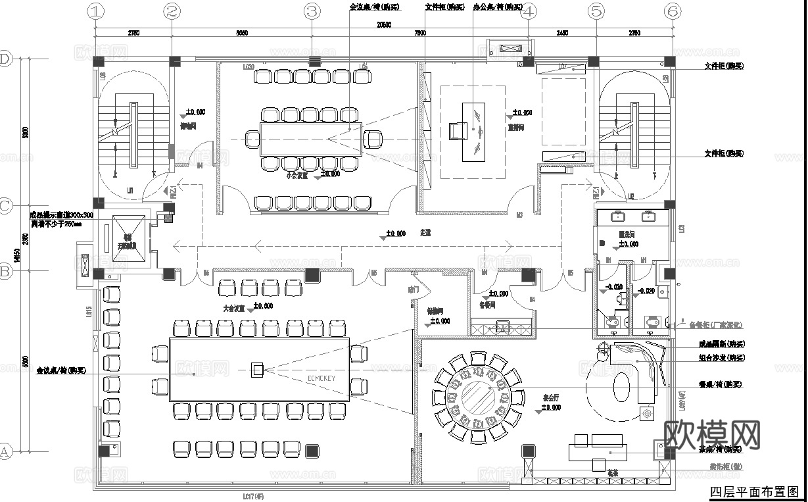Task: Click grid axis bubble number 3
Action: (312, 11)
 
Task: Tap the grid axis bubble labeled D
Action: (6, 60)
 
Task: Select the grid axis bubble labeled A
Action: (6, 451)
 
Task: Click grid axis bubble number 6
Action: (672, 11)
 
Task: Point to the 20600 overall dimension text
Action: (383, 25)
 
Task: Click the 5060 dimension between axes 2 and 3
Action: (241, 32)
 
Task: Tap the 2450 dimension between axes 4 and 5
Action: (562, 32)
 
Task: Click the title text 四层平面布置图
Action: (756, 492)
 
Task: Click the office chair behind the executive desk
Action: (457, 132)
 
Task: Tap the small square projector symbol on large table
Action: (258, 370)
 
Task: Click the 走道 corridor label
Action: (425, 234)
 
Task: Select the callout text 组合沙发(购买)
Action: (721, 359)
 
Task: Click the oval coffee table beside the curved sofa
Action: (622, 386)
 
